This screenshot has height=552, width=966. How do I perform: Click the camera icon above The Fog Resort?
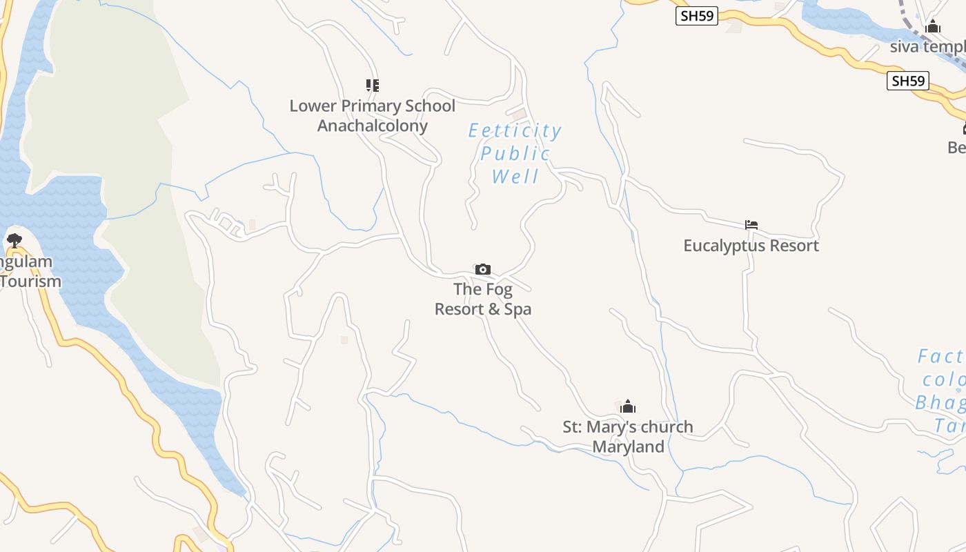pos(483,269)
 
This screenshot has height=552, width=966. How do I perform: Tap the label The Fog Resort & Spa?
pos(483,299)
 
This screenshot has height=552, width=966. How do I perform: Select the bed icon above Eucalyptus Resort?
pos(751,225)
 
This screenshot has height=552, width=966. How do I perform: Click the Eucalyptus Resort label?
pos(751,246)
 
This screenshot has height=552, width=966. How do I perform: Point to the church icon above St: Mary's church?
pos(627,406)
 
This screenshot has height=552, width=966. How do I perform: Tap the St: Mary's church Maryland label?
pos(628,437)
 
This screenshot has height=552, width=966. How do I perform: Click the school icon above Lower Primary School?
pos(373,86)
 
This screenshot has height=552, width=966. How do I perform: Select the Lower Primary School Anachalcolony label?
pos(373,116)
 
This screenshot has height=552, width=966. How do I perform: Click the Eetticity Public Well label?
pos(515,153)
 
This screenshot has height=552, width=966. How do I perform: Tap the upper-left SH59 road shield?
pos(696,16)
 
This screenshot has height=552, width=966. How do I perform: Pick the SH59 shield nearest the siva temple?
pos(907,81)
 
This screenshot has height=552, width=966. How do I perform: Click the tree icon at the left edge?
pos(14,241)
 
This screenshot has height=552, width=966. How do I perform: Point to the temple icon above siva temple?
pos(933,27)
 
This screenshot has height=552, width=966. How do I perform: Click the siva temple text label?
pos(927,47)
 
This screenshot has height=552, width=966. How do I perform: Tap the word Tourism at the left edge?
pos(30,282)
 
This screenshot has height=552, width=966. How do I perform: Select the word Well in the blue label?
pos(515,177)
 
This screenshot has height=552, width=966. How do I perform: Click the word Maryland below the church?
pos(628,446)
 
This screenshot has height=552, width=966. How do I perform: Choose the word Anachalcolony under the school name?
pos(373,126)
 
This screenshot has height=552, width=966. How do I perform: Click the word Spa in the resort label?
pos(517,309)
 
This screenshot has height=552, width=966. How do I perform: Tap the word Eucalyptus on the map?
pos(725,246)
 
